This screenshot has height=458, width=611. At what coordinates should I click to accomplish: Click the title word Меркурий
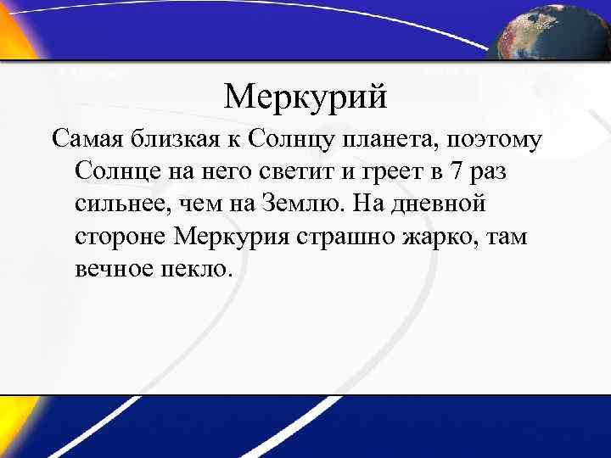point(305,98)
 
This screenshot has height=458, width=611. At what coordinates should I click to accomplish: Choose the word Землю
point(300,204)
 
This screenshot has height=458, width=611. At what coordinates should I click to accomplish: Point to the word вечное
point(111,270)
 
